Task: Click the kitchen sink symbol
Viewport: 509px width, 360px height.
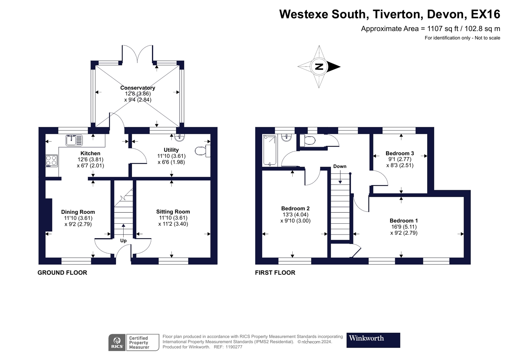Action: (x=74, y=140)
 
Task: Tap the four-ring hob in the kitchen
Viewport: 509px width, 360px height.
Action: (x=51, y=161)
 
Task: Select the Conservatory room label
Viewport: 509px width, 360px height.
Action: (x=137, y=88)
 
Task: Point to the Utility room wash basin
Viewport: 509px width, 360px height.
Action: (x=180, y=137)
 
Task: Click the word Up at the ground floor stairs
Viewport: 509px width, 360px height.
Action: (x=123, y=240)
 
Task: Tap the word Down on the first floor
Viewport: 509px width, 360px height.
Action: (x=340, y=166)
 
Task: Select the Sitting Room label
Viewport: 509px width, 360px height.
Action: (x=173, y=212)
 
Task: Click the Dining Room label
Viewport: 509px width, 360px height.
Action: (x=78, y=212)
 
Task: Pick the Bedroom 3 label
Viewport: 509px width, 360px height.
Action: (x=400, y=153)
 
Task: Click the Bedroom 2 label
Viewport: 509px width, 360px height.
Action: (x=295, y=208)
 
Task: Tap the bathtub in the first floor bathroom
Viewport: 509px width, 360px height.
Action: (x=269, y=150)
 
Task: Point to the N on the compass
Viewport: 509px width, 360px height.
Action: (x=319, y=67)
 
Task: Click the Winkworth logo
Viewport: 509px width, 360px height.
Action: (x=373, y=340)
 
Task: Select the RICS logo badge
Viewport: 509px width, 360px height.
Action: (x=117, y=343)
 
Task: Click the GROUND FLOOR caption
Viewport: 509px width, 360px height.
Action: (x=62, y=273)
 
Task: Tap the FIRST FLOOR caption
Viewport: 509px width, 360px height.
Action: (x=275, y=273)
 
